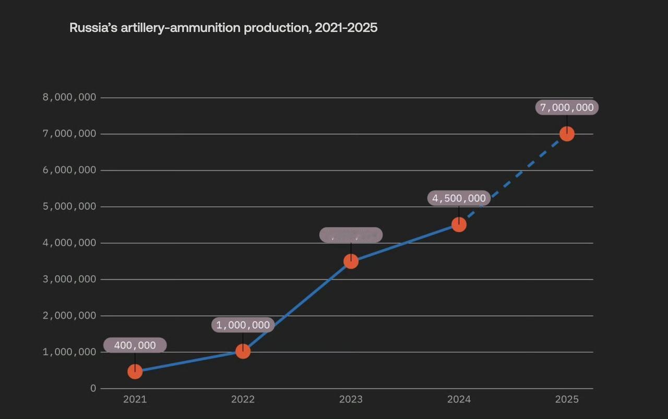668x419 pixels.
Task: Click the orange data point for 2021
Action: point(135,372)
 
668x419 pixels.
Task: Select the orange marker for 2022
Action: point(243,351)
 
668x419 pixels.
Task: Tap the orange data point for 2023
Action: point(351,261)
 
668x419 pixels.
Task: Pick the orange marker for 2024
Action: point(459,224)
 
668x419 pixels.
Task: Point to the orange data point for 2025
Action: point(567,134)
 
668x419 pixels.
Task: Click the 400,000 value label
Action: point(135,345)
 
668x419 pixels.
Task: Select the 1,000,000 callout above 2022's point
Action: point(243,325)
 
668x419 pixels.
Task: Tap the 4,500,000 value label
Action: point(459,198)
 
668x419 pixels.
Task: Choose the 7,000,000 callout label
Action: point(567,107)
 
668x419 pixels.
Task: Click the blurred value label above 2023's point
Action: point(351,235)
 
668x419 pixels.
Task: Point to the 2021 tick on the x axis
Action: point(135,399)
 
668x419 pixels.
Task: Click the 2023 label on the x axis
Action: point(351,399)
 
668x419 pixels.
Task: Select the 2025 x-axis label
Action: point(567,399)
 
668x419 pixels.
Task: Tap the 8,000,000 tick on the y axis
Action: point(69,98)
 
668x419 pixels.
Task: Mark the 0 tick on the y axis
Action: point(93,388)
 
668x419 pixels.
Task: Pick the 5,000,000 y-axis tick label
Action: point(69,207)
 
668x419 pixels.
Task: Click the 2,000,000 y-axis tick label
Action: point(69,316)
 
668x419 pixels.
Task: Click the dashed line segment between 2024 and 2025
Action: point(513,179)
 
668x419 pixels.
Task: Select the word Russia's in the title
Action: point(93,28)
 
